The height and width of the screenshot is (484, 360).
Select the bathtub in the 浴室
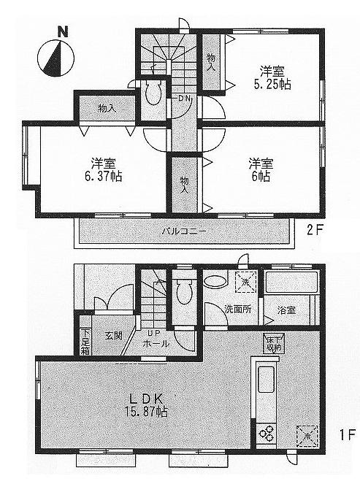click(290, 285)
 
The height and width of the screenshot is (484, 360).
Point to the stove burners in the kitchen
click(265, 433)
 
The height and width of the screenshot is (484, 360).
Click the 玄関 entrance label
click(113, 336)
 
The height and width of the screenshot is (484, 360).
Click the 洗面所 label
click(238, 310)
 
